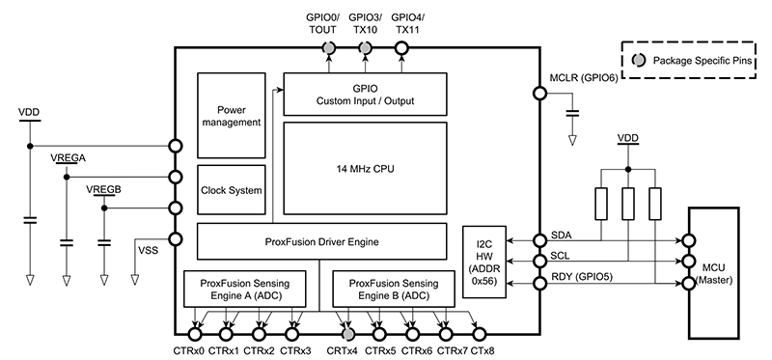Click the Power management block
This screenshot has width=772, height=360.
tap(231, 115)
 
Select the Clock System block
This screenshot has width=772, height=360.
tap(231, 190)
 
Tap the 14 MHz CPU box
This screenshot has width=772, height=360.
tap(364, 169)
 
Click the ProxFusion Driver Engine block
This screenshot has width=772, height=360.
tap(321, 239)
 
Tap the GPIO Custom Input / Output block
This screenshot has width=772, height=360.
tap(364, 94)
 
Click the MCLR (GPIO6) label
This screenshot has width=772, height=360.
tap(583, 77)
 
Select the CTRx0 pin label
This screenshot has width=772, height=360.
tap(195, 350)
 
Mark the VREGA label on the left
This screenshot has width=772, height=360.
tap(66, 157)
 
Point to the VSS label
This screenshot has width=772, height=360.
tap(147, 249)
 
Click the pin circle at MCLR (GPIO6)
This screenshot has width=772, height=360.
tap(538, 93)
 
